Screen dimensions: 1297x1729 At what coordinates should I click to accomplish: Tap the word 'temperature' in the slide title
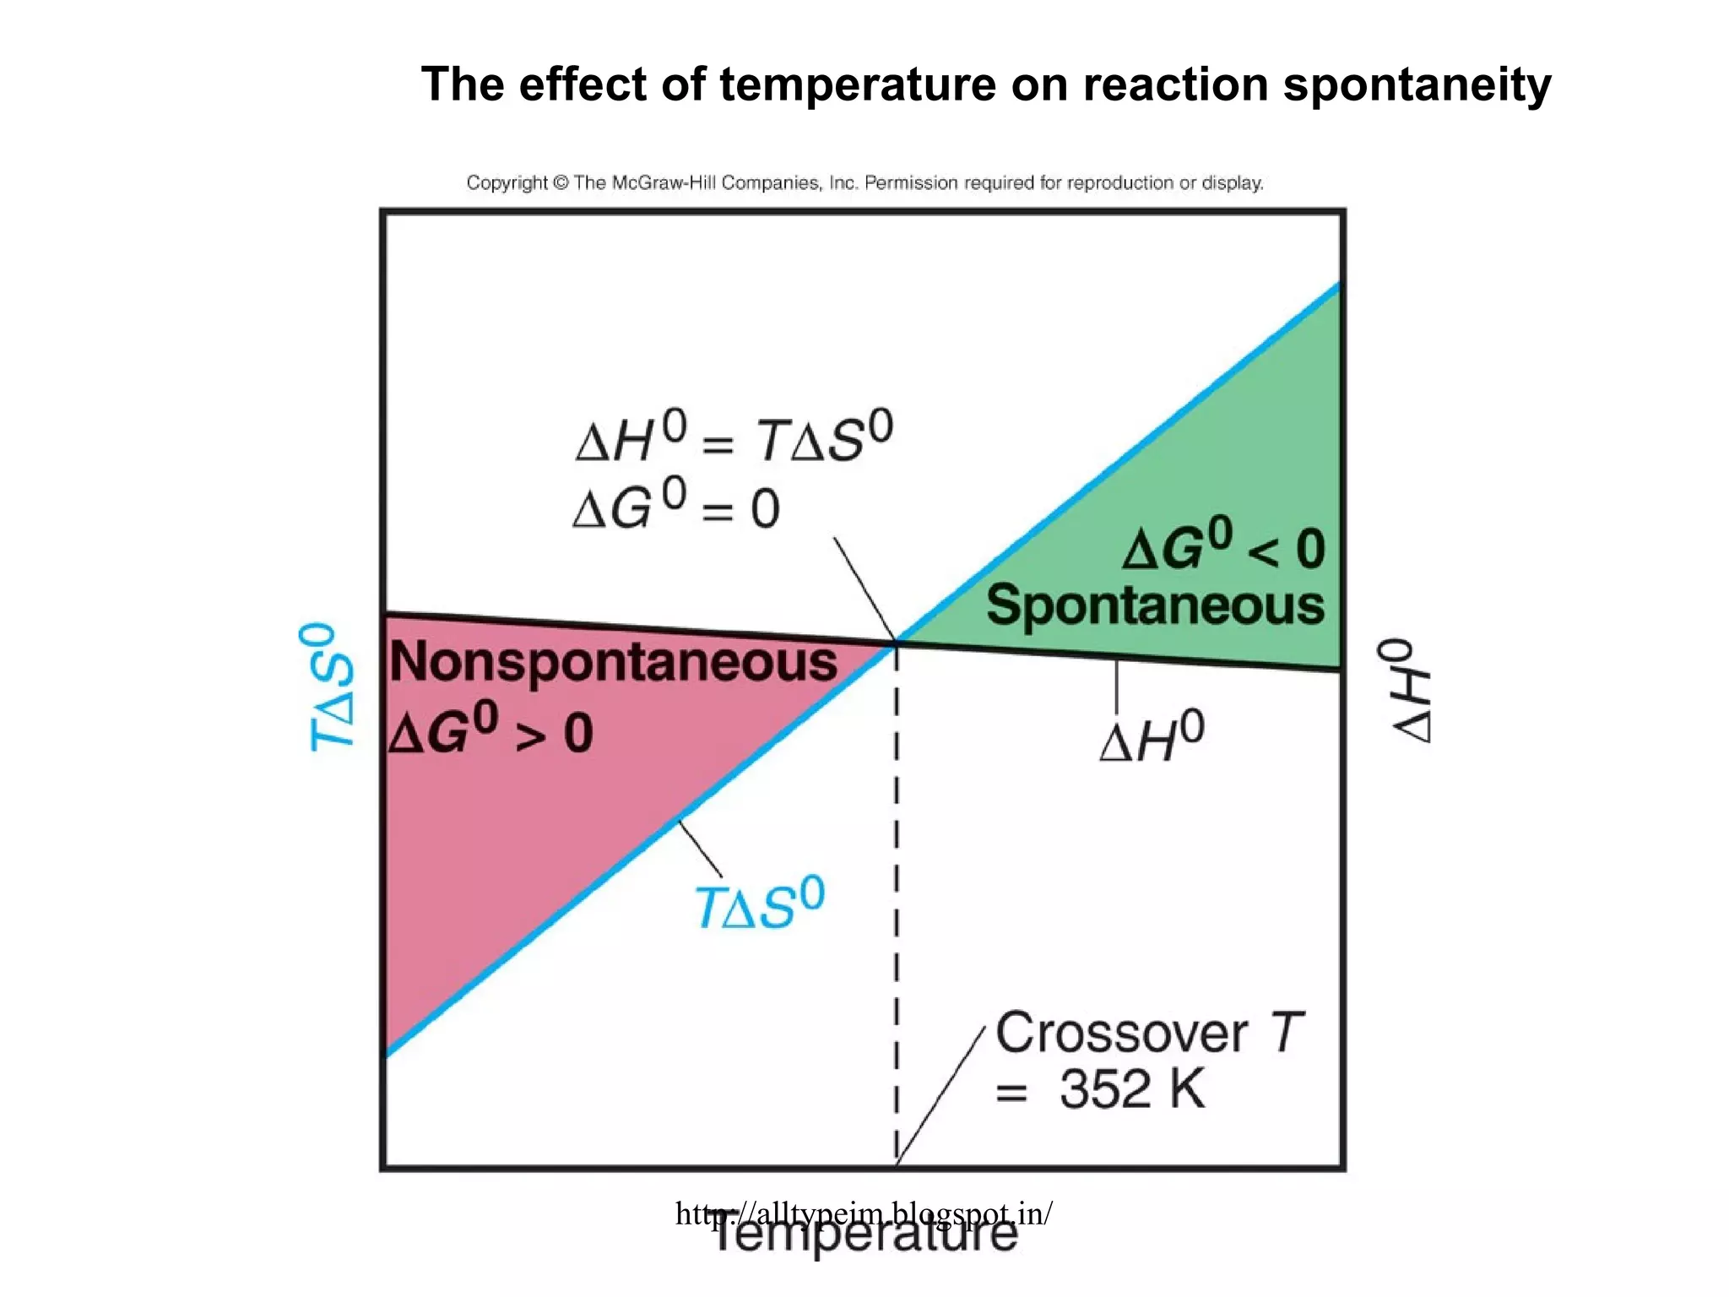point(858,86)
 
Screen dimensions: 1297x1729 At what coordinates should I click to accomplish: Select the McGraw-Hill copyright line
point(864,182)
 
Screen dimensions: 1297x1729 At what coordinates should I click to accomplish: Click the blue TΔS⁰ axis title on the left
point(329,687)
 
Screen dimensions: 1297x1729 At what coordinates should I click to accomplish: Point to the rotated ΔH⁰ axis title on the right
point(1405,691)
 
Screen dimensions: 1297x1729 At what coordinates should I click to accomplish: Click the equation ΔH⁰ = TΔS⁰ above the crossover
point(733,437)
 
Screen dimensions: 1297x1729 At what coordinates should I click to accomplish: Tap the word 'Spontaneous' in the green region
point(1155,606)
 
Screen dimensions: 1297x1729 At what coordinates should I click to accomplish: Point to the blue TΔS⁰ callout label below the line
point(758,904)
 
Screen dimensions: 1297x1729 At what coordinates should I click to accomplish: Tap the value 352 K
point(1131,1089)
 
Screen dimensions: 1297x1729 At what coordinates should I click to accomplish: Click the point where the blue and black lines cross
point(896,643)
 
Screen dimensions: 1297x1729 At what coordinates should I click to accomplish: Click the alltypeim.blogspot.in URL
point(864,1213)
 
